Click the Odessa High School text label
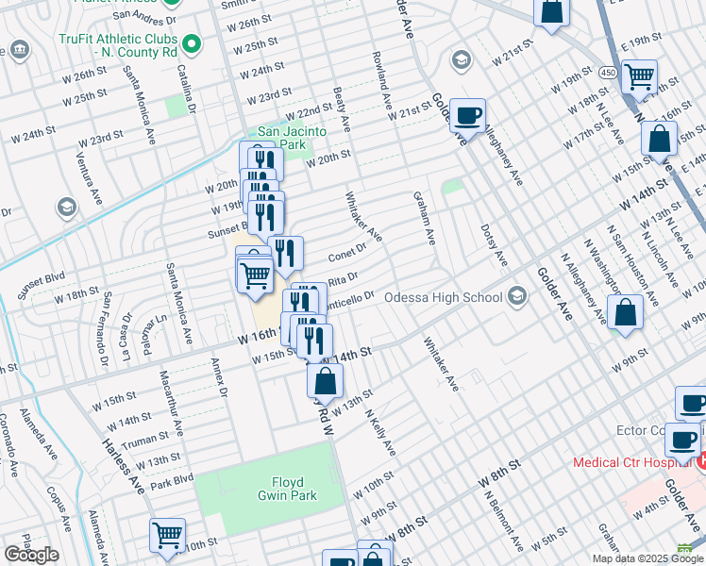tap(443, 298)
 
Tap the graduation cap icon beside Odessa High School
tap(516, 298)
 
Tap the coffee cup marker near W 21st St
tap(467, 116)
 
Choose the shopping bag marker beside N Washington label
tap(625, 312)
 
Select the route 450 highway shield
tap(609, 73)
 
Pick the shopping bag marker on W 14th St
tap(325, 381)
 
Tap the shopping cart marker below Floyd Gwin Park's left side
tap(167, 535)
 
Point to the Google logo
tap(31, 555)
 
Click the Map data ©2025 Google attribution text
tap(647, 558)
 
